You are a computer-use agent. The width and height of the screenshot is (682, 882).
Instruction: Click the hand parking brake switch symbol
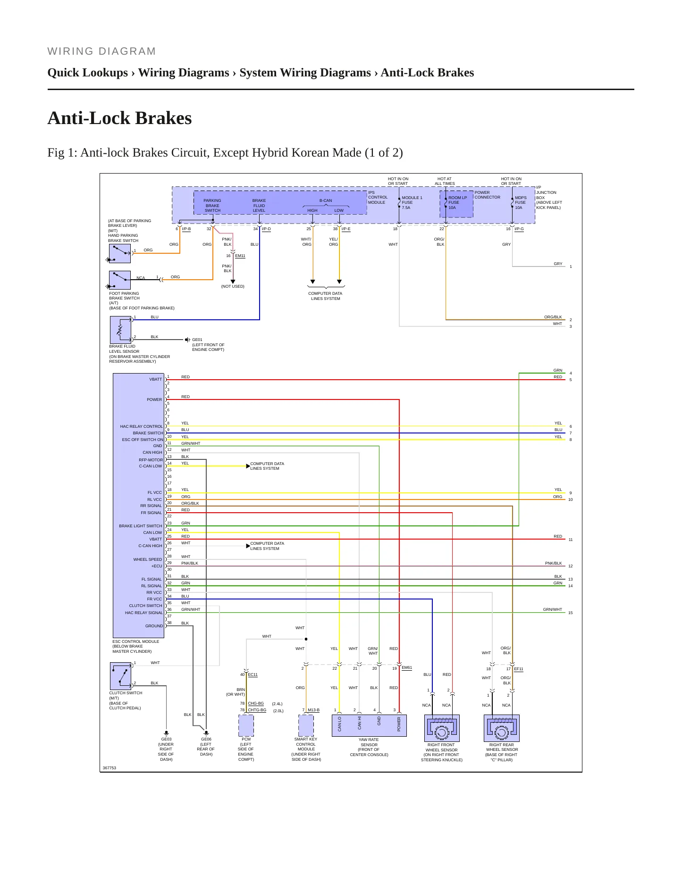(x=120, y=254)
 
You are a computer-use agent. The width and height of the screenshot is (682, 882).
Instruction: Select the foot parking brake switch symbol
(x=120, y=280)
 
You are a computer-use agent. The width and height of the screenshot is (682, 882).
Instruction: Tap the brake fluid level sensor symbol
(x=120, y=330)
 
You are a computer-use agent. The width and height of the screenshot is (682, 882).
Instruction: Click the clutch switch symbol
(x=120, y=676)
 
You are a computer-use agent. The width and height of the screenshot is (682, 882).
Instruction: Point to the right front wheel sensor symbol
(x=442, y=728)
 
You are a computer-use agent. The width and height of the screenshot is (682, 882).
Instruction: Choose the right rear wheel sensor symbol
(x=502, y=728)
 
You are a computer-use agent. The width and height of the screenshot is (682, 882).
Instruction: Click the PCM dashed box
(x=246, y=725)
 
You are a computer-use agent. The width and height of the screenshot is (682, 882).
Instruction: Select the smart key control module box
(x=306, y=725)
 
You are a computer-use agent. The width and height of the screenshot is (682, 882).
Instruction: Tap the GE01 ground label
(x=197, y=340)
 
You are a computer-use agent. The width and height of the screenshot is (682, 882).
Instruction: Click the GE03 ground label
(x=166, y=739)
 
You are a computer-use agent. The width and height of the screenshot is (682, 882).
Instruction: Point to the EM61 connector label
(x=407, y=667)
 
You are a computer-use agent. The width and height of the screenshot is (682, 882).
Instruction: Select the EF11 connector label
(x=519, y=669)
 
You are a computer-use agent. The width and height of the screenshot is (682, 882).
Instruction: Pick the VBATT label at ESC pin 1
(x=156, y=379)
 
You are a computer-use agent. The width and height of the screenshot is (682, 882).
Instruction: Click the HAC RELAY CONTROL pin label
(x=142, y=426)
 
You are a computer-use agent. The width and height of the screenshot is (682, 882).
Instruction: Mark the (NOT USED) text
(x=233, y=286)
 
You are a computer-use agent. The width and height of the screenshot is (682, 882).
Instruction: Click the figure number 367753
(x=109, y=768)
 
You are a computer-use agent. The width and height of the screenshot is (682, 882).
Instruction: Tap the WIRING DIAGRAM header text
(x=101, y=51)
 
